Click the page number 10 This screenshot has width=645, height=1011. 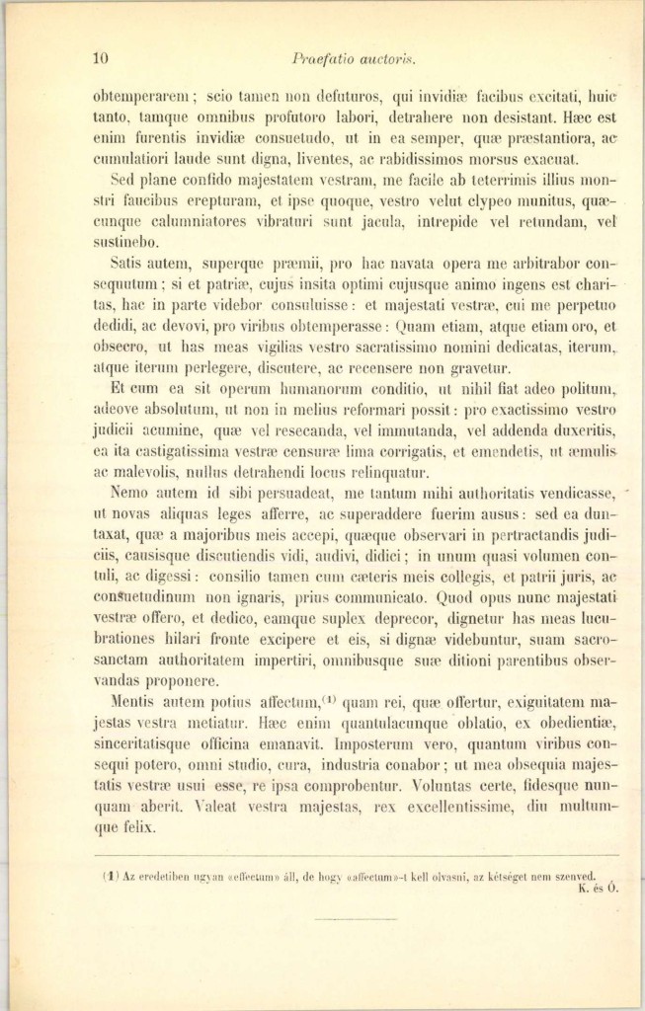[100, 57]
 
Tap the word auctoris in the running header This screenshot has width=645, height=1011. [368, 58]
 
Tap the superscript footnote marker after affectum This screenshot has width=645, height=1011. [331, 700]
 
